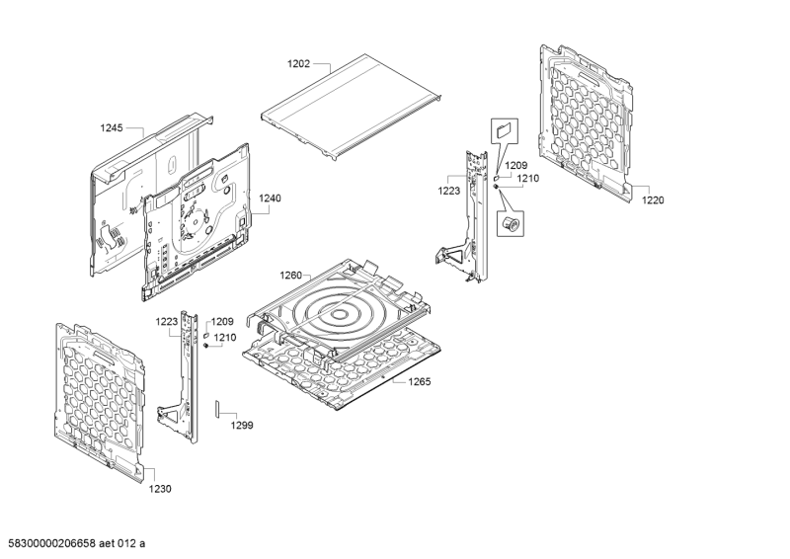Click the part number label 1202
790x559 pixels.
[x=298, y=64]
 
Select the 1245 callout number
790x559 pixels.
[x=112, y=128]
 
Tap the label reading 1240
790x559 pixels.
[x=270, y=198]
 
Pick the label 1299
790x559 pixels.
[x=242, y=426]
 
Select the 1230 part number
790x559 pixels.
[x=160, y=489]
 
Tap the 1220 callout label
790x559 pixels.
[x=653, y=200]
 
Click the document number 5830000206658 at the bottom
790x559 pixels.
[x=59, y=543]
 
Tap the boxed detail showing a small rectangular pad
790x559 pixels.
[x=504, y=129]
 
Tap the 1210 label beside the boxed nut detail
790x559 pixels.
[x=528, y=179]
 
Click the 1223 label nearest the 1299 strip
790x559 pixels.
[x=166, y=321]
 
